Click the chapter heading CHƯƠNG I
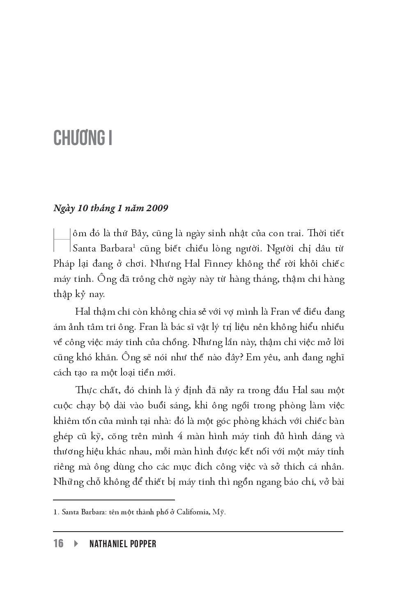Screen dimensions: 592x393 pos(83,138)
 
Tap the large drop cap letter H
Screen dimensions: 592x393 pos(62,240)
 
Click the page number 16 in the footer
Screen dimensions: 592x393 pos(58,544)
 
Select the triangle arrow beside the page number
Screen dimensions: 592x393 pos(76,544)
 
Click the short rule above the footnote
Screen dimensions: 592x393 pos(114,500)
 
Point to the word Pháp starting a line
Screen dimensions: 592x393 pos(64,264)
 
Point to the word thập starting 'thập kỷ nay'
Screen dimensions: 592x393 pos(63,295)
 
